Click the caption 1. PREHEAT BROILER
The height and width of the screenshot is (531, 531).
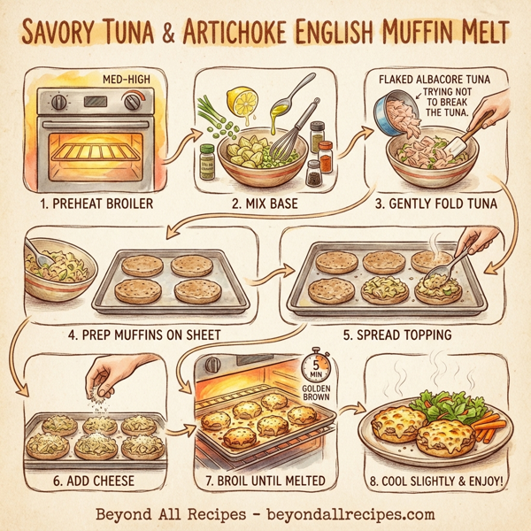[x=98, y=203]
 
